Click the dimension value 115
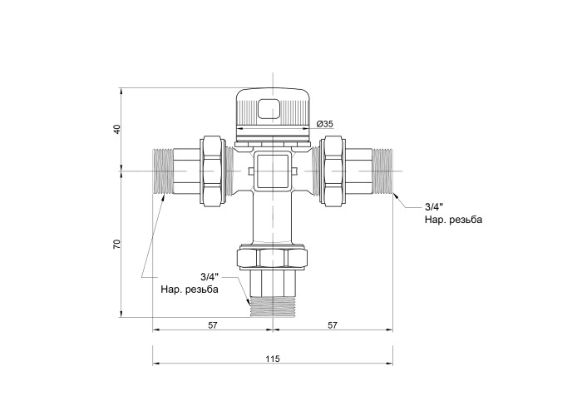(x=273, y=359)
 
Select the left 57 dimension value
(x=212, y=325)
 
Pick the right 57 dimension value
(x=333, y=325)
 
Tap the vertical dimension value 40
(x=117, y=129)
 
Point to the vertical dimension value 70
(x=117, y=244)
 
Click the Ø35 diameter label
(x=325, y=124)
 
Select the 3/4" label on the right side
(x=434, y=206)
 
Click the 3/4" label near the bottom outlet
(x=210, y=277)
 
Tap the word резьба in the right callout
(x=466, y=220)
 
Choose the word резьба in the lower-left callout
(x=201, y=290)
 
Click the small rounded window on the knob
(x=269, y=109)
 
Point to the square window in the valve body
(x=273, y=171)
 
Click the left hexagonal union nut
(x=213, y=171)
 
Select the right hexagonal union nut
(x=333, y=171)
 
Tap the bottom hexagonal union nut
(x=273, y=259)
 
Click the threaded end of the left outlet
(x=162, y=171)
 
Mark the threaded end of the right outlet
(x=382, y=171)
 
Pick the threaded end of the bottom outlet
(x=273, y=307)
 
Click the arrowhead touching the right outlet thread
(x=396, y=196)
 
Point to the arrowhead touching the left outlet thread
(x=163, y=197)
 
